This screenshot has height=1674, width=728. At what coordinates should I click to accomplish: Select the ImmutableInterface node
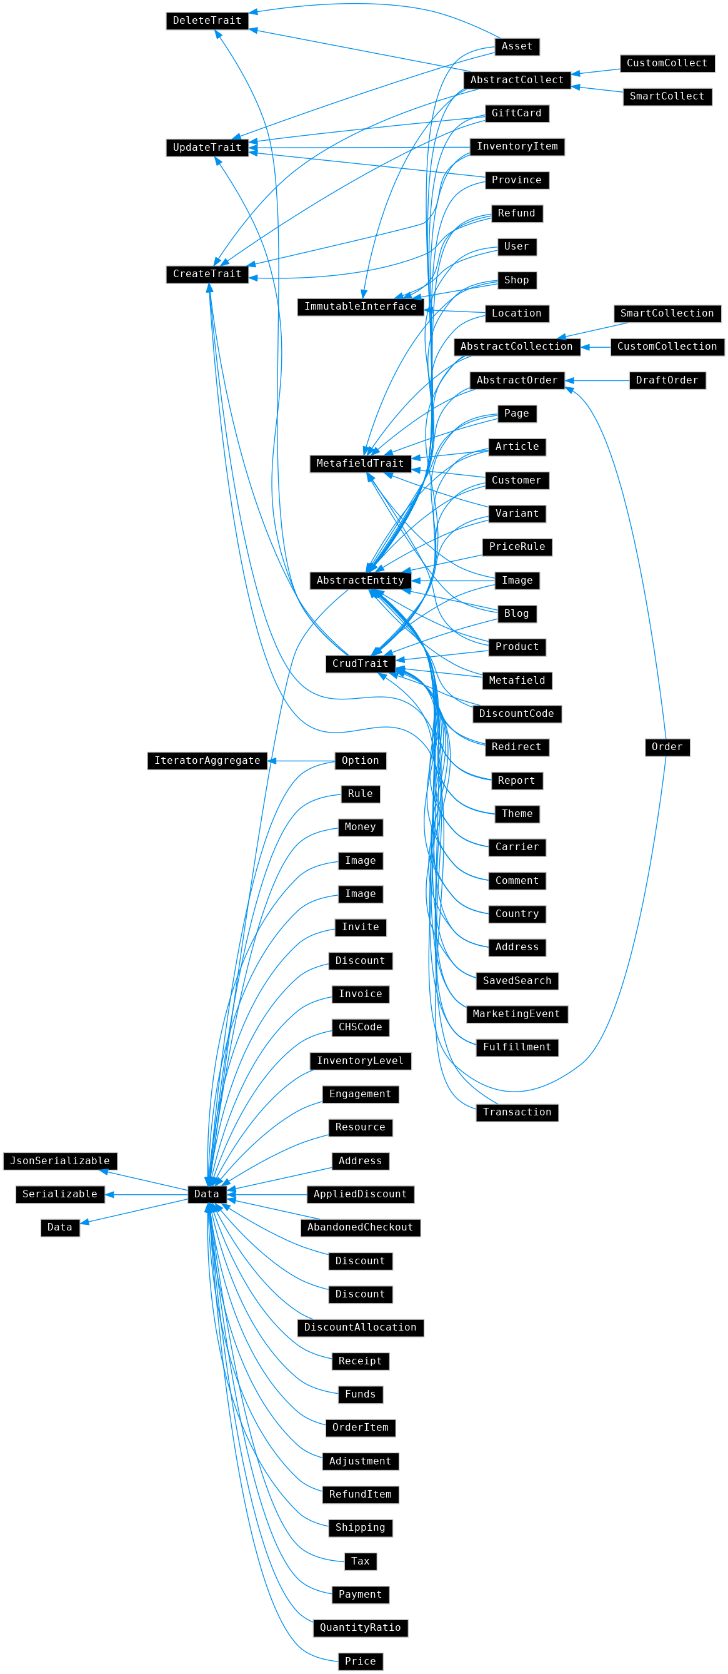point(361,307)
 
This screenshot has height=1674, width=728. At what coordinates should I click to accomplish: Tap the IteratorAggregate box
point(207,761)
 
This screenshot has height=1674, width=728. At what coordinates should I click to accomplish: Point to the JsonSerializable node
point(60,1161)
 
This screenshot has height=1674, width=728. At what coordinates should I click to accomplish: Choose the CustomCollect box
point(667,64)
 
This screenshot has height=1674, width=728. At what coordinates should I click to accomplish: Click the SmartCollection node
point(667,314)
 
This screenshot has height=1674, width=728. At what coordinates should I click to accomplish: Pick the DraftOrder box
point(667,381)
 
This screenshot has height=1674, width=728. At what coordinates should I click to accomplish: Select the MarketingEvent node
point(517,1015)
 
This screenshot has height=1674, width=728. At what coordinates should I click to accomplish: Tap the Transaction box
point(517,1112)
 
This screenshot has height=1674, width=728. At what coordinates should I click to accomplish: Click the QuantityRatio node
point(361,1628)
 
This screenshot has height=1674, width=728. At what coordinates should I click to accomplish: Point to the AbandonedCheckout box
point(361,1227)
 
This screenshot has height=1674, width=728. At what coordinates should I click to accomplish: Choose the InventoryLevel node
point(361,1061)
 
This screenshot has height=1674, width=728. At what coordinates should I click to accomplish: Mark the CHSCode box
point(361,1027)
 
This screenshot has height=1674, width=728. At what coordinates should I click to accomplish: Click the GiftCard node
point(517,114)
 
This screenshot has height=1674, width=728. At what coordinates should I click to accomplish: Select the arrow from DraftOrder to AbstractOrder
point(597,381)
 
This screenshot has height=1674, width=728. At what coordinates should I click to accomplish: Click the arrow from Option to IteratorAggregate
point(301,761)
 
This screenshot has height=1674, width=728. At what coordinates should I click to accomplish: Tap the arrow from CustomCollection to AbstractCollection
point(596,347)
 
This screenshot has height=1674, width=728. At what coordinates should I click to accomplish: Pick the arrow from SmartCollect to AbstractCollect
point(597,89)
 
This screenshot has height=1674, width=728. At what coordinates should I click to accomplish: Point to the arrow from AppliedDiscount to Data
point(267,1194)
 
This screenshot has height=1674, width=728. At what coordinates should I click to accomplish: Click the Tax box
point(361,1561)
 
